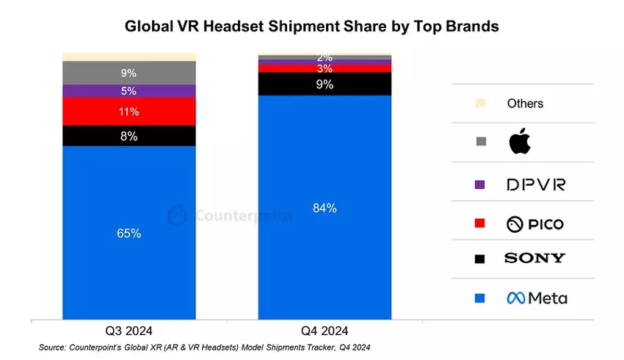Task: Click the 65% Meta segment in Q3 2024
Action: [x=129, y=233]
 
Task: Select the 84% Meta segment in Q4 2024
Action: [x=324, y=208]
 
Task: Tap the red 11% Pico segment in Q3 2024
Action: [x=129, y=112]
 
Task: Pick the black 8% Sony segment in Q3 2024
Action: [x=129, y=136]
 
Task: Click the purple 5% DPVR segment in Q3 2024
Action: [x=129, y=91]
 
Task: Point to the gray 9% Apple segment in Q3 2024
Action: [x=129, y=73]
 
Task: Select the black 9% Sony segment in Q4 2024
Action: [x=324, y=84]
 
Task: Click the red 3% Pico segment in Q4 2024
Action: [x=324, y=68]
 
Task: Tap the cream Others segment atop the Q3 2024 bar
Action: [x=129, y=57]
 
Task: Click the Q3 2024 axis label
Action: [x=129, y=330]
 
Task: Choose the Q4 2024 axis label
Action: [x=324, y=330]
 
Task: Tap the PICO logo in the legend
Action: [x=535, y=223]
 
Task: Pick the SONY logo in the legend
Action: [x=534, y=258]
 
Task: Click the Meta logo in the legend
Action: [x=537, y=298]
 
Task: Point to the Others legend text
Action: [x=525, y=104]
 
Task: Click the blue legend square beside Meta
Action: [x=480, y=298]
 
